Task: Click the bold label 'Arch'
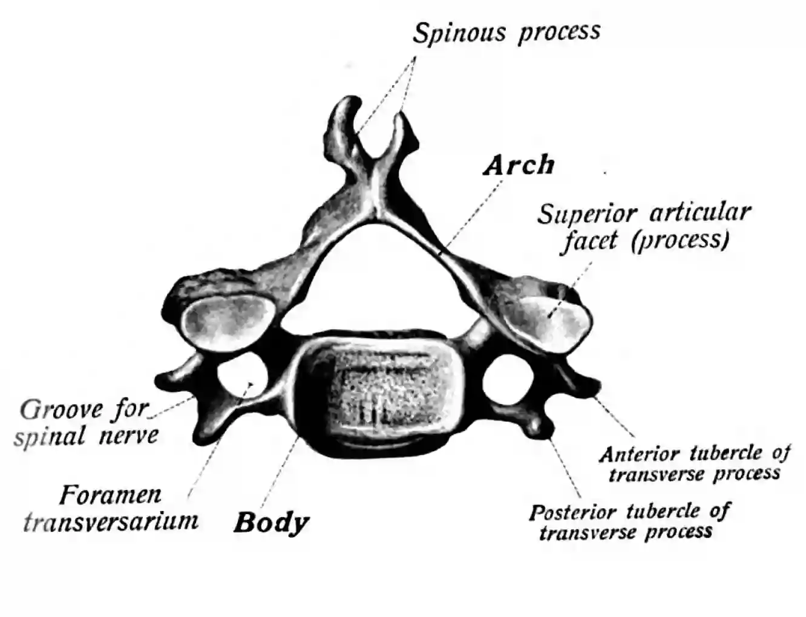click(x=519, y=165)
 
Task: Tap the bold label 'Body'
click(x=272, y=522)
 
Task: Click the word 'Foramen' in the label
click(x=111, y=496)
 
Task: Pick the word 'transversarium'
click(x=111, y=521)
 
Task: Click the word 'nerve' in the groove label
click(x=129, y=436)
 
